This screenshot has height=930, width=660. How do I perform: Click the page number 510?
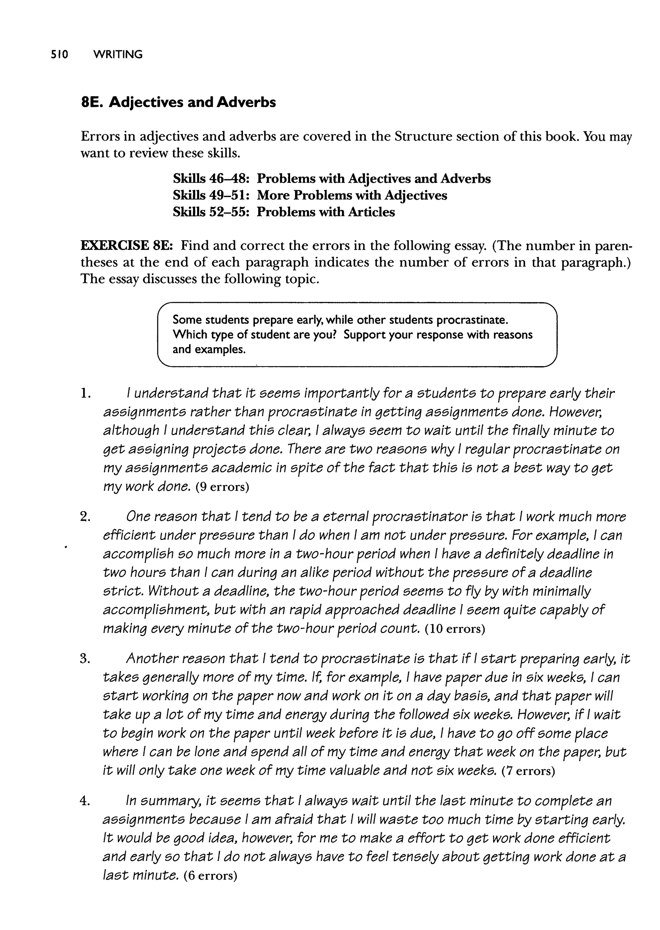59,54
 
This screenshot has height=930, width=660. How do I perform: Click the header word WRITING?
118,54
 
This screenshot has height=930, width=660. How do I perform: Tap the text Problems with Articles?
325,212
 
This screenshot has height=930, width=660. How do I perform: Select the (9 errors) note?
222,487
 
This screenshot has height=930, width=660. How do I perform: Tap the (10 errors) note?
455,629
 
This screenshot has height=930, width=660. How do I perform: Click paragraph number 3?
85,659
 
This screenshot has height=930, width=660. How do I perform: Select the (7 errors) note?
528,771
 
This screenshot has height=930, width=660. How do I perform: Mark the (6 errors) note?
210,876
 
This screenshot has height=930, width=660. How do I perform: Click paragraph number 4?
85,801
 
